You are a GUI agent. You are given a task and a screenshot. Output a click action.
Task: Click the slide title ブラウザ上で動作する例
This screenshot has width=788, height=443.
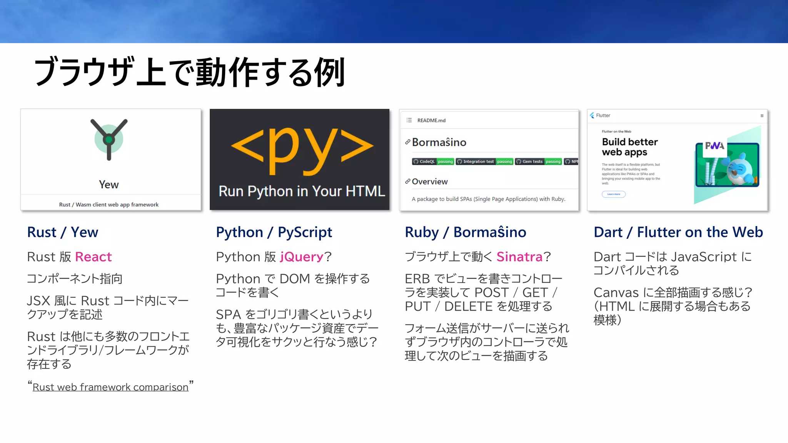pos(189,72)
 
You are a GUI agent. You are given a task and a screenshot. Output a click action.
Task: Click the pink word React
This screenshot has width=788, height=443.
pos(93,257)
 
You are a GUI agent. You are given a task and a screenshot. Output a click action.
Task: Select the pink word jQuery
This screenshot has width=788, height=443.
pos(302,257)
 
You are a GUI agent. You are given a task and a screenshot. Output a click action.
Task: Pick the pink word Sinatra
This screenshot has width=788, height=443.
pos(519,257)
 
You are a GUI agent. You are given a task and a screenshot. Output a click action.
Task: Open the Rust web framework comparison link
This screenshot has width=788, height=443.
pos(110,387)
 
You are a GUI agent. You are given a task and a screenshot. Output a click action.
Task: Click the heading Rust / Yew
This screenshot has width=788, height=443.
pos(63,232)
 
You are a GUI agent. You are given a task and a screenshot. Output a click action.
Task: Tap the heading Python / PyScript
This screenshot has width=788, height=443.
pos(274,232)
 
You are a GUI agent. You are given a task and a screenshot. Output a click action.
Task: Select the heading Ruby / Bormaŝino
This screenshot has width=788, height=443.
pos(466,232)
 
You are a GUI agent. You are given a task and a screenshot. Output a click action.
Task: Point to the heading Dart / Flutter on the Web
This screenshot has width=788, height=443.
pos(678,232)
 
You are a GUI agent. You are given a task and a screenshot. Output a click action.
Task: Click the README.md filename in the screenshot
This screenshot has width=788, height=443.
pos(431,120)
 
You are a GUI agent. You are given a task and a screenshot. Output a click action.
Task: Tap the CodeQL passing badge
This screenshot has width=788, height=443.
pos(433,162)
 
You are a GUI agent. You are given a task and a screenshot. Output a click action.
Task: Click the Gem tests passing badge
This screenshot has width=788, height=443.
pos(538,162)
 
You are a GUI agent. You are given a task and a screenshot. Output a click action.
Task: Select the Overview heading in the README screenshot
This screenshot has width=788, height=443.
pos(430,182)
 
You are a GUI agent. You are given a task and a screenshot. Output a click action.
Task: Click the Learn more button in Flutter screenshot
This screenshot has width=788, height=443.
pos(614,194)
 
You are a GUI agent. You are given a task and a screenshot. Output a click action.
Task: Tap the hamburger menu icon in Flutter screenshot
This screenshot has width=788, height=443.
pos(762,116)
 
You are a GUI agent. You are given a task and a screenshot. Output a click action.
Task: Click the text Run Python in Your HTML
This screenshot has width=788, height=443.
pos(302,192)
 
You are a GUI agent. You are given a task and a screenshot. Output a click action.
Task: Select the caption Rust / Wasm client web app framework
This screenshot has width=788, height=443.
pos(109,205)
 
